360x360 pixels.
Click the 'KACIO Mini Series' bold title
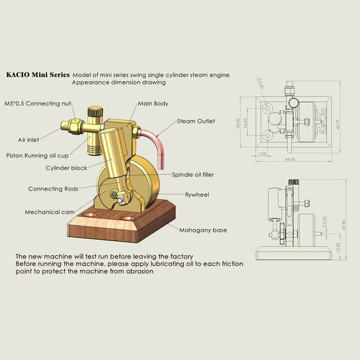click(37, 75)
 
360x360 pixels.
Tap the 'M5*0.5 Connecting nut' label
click(38, 104)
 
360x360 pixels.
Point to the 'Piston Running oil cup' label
click(42, 155)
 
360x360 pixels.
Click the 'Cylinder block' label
click(66, 167)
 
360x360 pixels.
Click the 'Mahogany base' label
click(203, 230)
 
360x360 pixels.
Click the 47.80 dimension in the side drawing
click(343, 222)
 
